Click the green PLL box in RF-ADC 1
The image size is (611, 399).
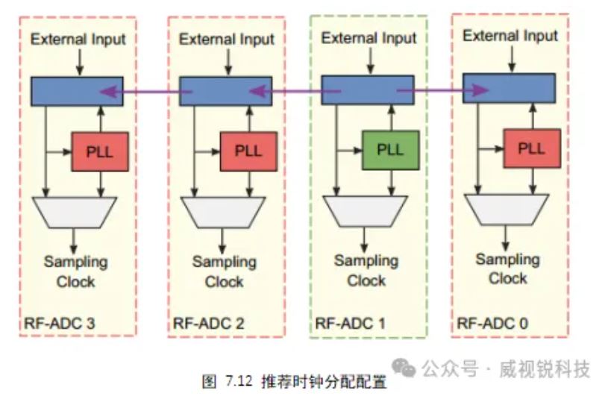[x=389, y=150]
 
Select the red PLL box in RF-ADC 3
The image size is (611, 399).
[x=100, y=151]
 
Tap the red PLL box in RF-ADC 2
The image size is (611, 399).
[x=248, y=151]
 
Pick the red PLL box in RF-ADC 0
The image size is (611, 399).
[x=531, y=148]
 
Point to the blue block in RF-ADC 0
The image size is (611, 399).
[x=508, y=88]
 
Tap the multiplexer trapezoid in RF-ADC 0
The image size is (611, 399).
[x=507, y=208]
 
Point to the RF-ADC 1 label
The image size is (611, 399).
[x=350, y=324]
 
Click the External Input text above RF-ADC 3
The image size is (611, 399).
[x=78, y=39]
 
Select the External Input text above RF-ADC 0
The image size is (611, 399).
[x=510, y=36]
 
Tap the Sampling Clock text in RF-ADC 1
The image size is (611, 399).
[x=366, y=271]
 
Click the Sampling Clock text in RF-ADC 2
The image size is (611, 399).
[x=225, y=271]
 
